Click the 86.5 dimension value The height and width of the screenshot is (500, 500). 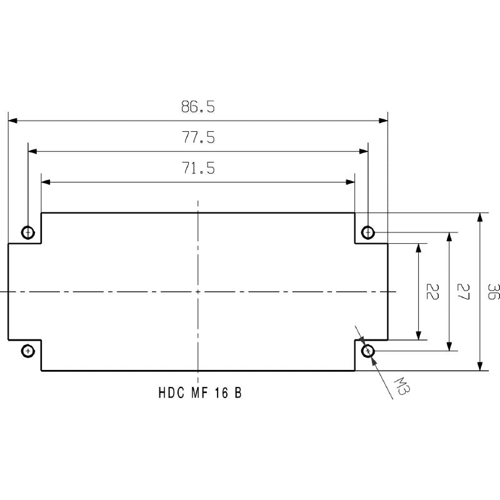point(198,107)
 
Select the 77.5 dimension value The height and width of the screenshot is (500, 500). point(198,138)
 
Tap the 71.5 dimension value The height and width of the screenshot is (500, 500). point(198,169)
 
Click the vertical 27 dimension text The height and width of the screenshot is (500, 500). point(463,292)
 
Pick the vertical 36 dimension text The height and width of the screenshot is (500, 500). point(493,292)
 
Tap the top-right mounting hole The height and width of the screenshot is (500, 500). point(368,233)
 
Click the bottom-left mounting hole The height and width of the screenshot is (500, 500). point(28,351)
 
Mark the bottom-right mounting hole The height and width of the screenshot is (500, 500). point(368,351)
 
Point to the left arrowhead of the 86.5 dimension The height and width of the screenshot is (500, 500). point(12,121)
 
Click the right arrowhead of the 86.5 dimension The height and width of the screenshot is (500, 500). point(383,121)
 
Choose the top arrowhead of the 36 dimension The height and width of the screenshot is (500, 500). point(479,217)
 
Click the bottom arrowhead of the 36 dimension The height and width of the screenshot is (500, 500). point(479,366)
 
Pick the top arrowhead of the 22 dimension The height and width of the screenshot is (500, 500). point(418,248)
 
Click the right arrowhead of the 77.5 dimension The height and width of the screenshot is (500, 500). point(363,151)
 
